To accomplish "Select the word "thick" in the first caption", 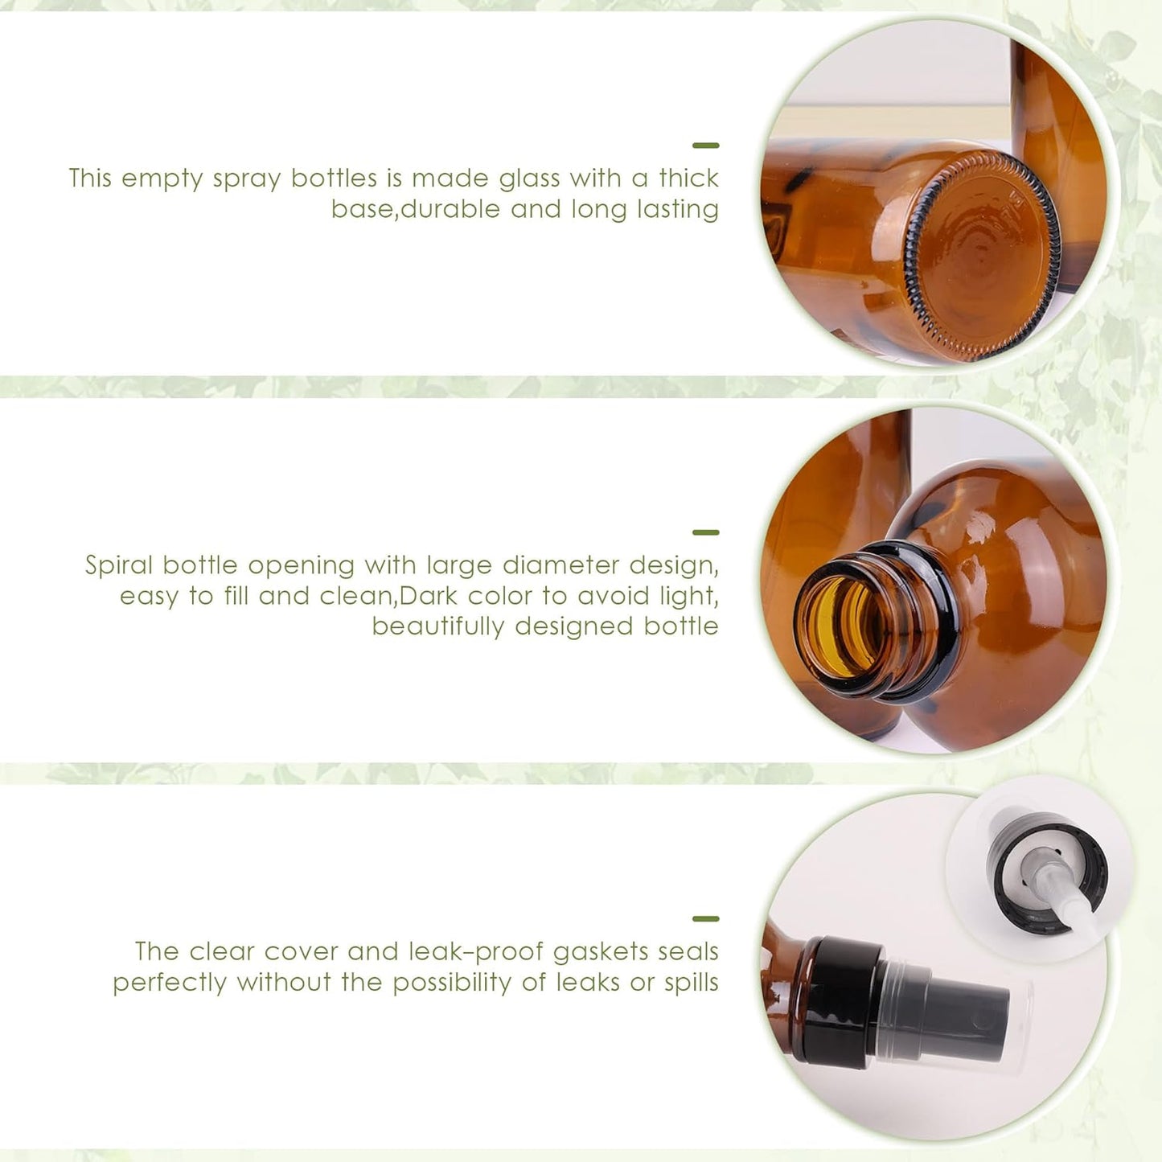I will coord(688,178).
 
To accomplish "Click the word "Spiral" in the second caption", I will coord(119,565).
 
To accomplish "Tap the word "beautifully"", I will coord(437,626).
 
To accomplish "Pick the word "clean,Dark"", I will coord(427,596).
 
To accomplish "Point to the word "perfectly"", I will coord(169,983).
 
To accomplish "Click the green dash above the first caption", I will coord(705,146).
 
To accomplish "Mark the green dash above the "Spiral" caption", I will coord(705,532).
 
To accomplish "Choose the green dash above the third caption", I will coord(705,918).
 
